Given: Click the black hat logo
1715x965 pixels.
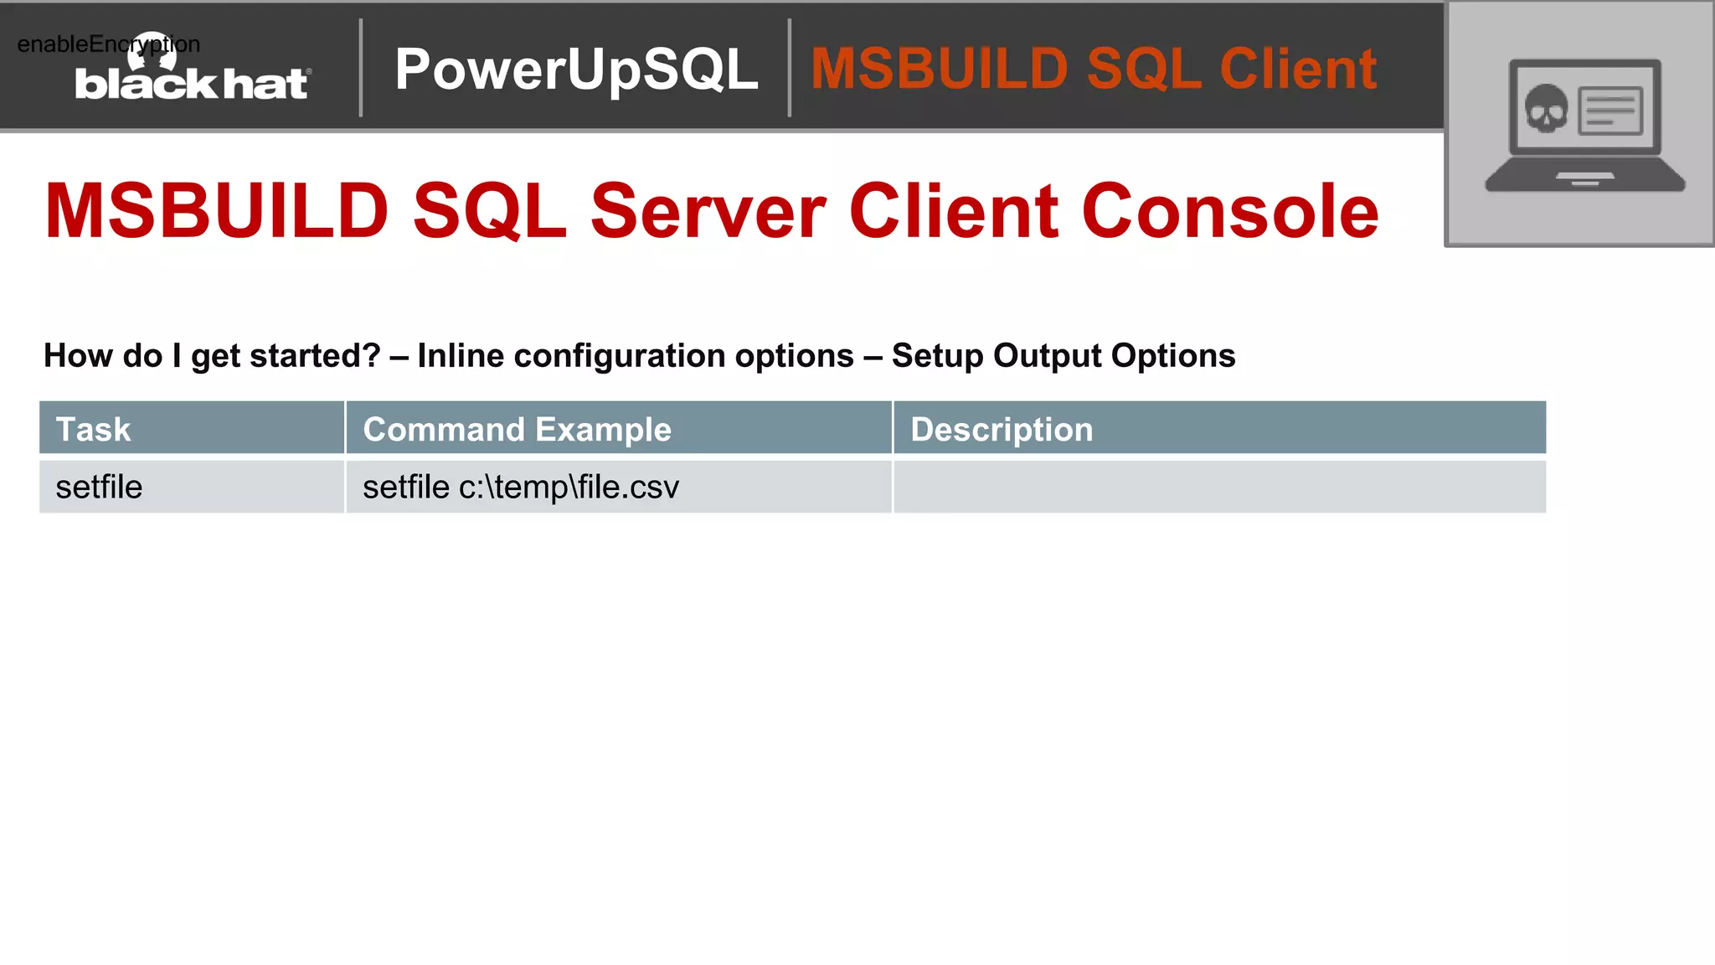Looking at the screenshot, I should (x=191, y=83).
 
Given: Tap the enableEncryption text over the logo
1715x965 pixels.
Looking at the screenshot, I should (x=108, y=44).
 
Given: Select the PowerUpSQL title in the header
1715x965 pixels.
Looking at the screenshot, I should (x=576, y=69).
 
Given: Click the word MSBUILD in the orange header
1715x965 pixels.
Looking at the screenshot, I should (x=939, y=69).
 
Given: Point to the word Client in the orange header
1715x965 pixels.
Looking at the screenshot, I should (x=1298, y=69).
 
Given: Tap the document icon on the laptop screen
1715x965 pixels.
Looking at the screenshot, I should (x=1609, y=111).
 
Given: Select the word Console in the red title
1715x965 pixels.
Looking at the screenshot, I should (x=1230, y=211).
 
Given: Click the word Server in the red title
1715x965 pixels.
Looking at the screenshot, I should (x=708, y=211).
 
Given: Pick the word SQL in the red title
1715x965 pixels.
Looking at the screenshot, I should (x=490, y=211).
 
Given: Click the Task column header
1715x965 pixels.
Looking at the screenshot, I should (x=93, y=429).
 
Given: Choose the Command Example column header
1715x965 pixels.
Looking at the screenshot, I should (x=517, y=429).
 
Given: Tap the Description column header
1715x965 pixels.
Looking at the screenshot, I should (x=1002, y=429).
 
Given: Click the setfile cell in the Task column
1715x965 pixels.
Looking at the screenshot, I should (x=99, y=487).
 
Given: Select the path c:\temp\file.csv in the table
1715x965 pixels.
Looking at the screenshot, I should (x=569, y=487).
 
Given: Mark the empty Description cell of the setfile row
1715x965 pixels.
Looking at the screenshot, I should (x=1219, y=487).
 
